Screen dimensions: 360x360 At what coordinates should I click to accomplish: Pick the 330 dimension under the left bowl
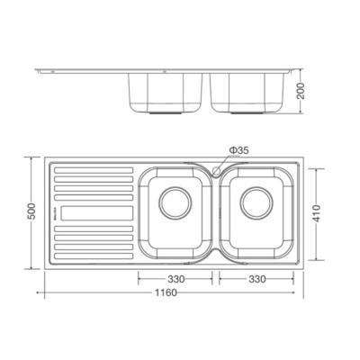coord(176,279)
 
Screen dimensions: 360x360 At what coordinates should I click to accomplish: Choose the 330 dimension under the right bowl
coord(258,279)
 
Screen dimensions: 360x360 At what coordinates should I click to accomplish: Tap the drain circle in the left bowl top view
coord(176,205)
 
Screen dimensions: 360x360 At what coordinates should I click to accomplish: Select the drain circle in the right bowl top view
coord(257,205)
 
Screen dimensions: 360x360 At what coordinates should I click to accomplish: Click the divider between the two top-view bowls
coord(216,212)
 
